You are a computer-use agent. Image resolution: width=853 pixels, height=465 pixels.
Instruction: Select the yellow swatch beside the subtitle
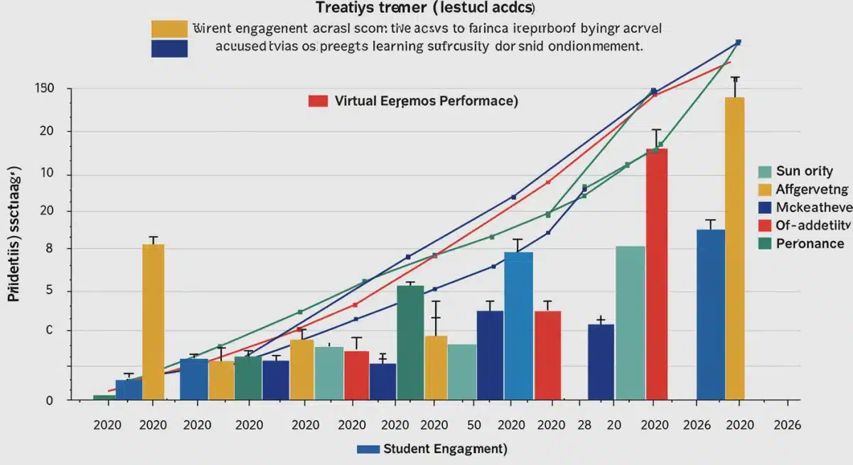click(x=169, y=29)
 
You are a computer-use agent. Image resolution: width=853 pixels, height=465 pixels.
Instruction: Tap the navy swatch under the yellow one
click(x=169, y=48)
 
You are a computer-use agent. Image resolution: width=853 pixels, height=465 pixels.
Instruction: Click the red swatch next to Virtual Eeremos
click(x=318, y=101)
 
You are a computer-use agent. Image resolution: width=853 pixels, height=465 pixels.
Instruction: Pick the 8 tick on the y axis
click(x=49, y=249)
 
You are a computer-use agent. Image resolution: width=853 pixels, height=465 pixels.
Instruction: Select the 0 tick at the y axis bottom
click(x=49, y=400)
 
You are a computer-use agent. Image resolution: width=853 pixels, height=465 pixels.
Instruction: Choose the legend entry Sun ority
click(x=803, y=171)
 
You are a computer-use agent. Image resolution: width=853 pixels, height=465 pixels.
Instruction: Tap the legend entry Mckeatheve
click(x=803, y=208)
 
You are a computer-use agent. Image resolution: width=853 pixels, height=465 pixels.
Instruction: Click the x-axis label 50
click(x=473, y=425)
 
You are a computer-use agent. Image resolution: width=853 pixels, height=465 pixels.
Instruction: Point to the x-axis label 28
click(x=584, y=425)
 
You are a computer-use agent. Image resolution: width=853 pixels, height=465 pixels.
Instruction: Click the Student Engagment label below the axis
click(x=444, y=449)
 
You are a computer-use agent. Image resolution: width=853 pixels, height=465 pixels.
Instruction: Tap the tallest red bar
click(x=657, y=274)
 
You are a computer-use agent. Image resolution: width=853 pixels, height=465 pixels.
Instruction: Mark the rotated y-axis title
click(x=14, y=235)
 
